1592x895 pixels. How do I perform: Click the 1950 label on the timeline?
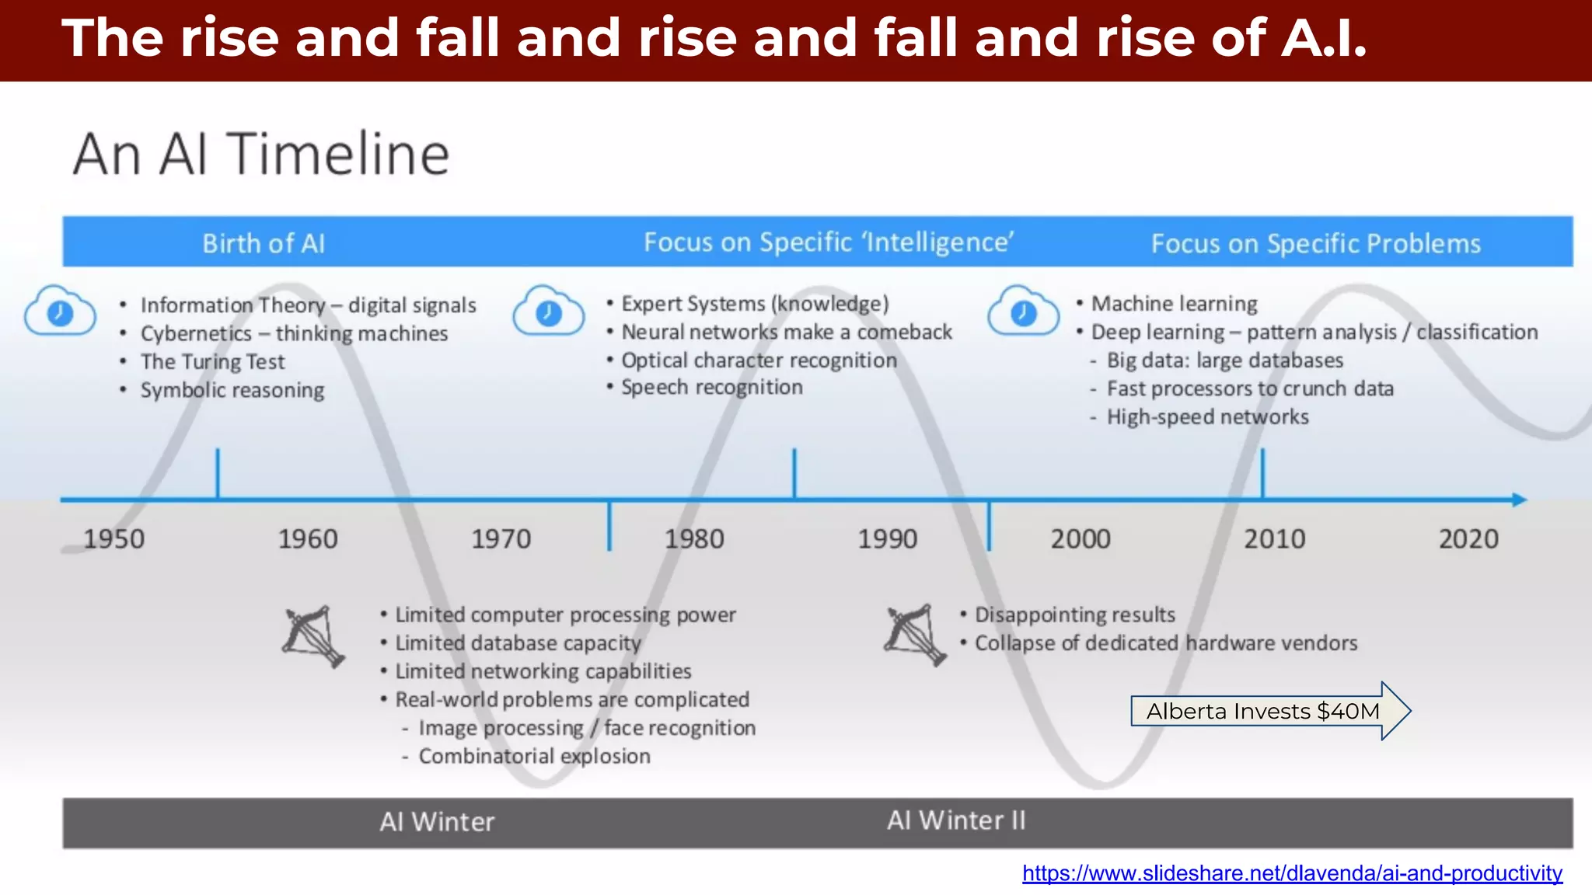[x=113, y=539]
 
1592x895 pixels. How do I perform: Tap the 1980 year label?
[x=694, y=539]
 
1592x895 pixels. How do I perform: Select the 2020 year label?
[x=1468, y=539]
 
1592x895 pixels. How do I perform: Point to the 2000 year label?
[x=1081, y=539]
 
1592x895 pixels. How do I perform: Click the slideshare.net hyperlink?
[x=1292, y=873]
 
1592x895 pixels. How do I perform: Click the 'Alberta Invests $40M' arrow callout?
[x=1263, y=711]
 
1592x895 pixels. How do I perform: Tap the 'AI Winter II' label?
[x=956, y=820]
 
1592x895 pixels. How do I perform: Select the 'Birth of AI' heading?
[x=264, y=243]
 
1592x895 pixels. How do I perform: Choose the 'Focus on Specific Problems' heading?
[x=1315, y=244]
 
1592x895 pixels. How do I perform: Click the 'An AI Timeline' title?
[x=261, y=154]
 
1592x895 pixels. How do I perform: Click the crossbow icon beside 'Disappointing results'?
[x=916, y=635]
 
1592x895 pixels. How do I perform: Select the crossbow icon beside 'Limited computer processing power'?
[x=314, y=636]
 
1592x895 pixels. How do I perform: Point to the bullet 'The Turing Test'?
[x=212, y=362]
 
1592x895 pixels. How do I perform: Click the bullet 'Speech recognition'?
[x=711, y=387]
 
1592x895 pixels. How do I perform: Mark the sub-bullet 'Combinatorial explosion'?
[x=534, y=756]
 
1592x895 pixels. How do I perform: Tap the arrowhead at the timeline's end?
[x=1519, y=500]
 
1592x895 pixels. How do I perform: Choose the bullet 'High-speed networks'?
[x=1207, y=417]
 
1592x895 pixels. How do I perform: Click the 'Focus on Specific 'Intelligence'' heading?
[x=829, y=242]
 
